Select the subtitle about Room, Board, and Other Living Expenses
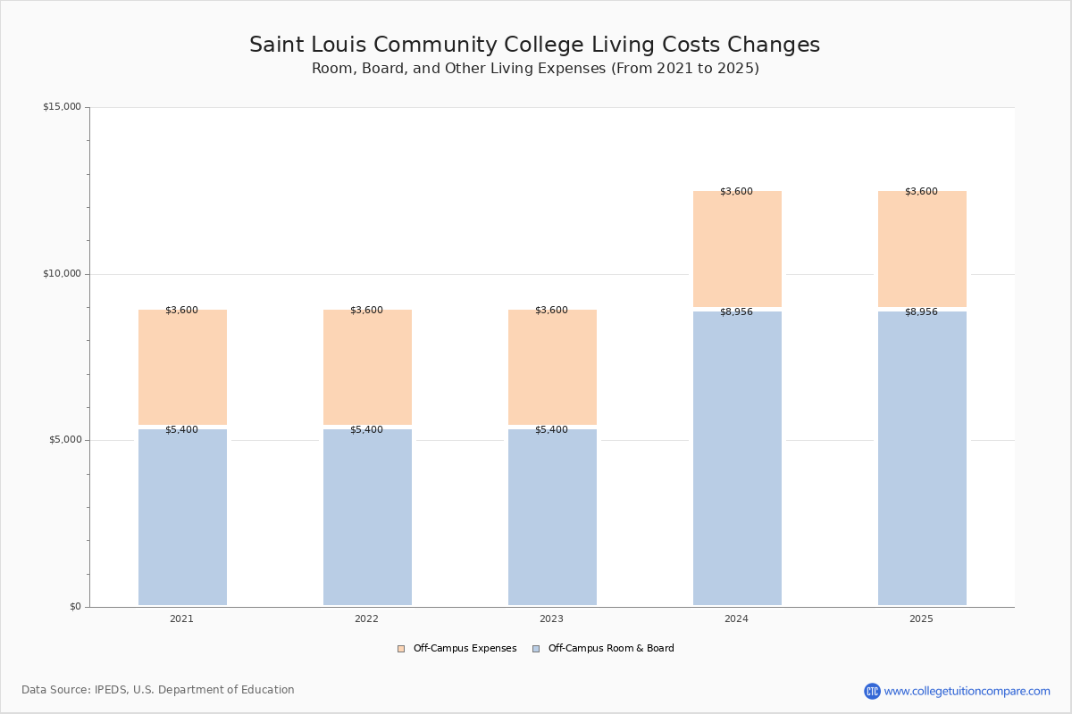535,69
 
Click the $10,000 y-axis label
63,273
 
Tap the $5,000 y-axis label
65,439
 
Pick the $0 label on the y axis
76,606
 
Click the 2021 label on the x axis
182,619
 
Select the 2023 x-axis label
552,619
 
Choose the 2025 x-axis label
921,619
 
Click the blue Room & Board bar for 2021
182,517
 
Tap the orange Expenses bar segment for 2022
367,367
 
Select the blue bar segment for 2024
737,458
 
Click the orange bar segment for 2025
922,249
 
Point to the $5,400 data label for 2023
552,429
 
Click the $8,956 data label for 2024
736,311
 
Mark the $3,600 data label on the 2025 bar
921,191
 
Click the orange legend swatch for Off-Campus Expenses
401,649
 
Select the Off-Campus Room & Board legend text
611,648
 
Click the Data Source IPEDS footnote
158,690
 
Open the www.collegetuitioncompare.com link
967,691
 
